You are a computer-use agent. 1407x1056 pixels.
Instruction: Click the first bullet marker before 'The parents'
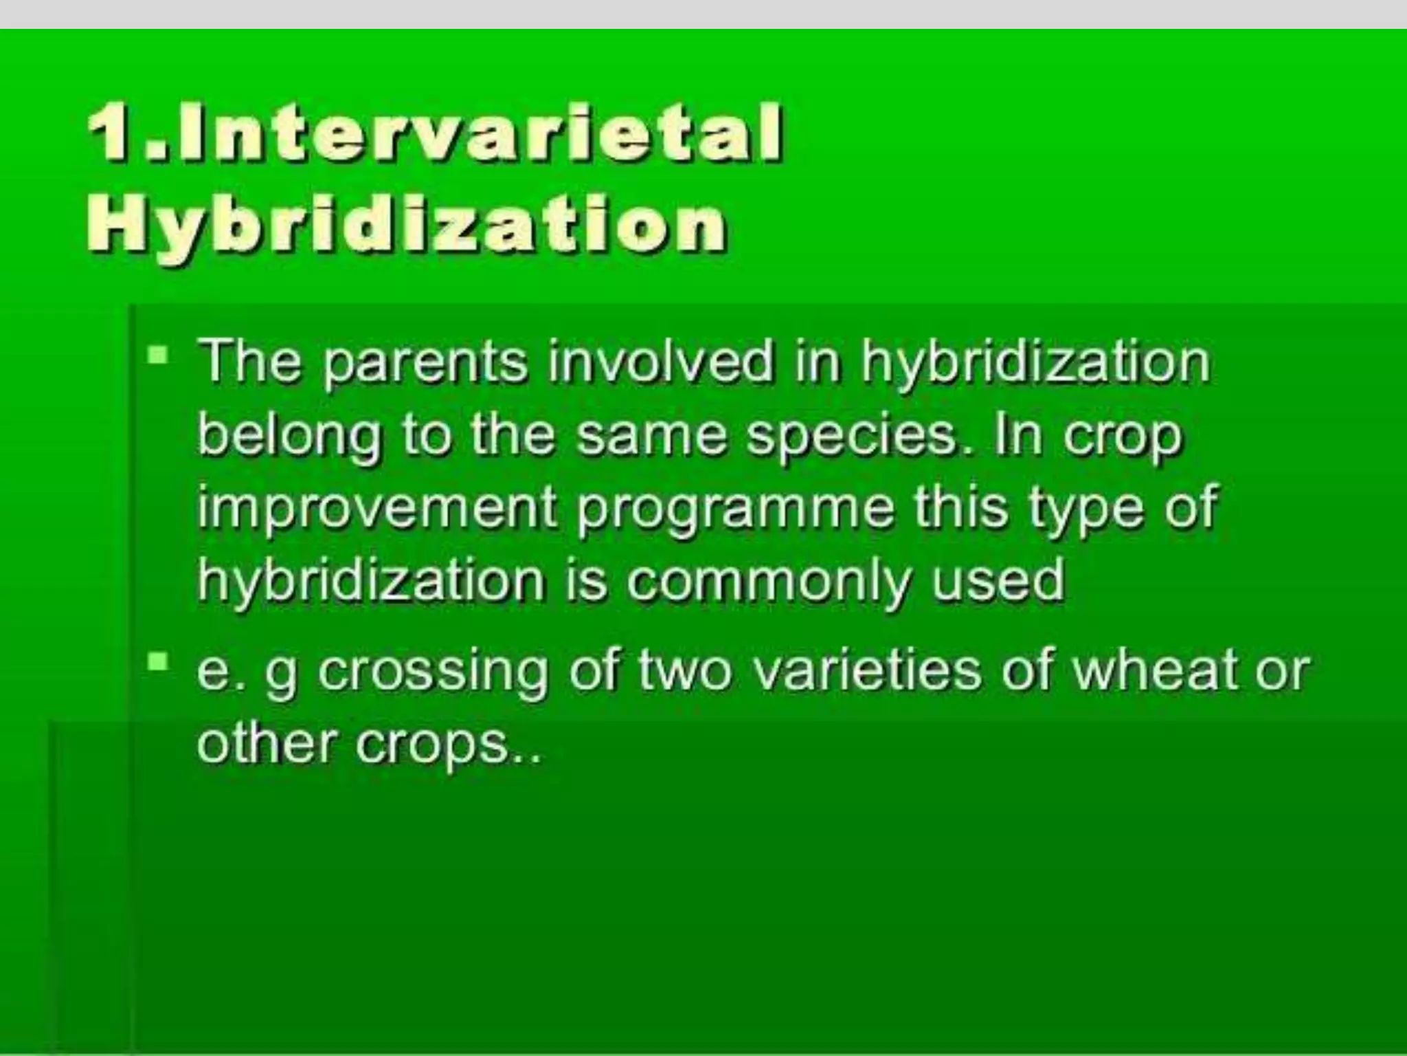click(x=159, y=356)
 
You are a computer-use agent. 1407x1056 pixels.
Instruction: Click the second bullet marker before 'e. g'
click(x=159, y=662)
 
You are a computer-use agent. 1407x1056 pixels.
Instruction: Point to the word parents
click(x=424, y=364)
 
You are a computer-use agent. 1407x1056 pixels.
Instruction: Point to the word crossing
click(x=432, y=672)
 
